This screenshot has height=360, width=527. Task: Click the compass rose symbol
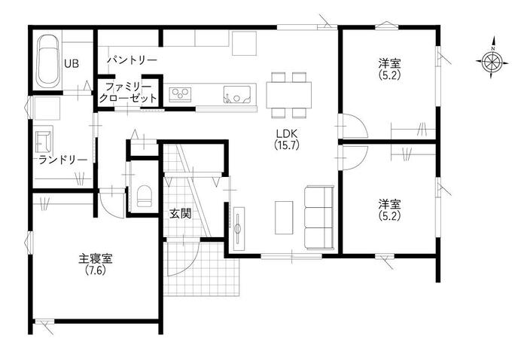tap(492, 62)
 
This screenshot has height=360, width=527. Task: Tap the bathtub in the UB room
tap(48, 61)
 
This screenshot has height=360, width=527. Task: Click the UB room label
tap(72, 63)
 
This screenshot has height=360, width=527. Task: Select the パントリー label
tap(133, 60)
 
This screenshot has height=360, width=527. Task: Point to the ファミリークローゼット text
tap(128, 93)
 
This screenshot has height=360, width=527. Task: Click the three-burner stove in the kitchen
tap(180, 94)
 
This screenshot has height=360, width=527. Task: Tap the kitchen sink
tap(237, 94)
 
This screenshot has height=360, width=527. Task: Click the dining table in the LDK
tap(288, 95)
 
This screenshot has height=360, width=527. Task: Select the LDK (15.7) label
tap(287, 139)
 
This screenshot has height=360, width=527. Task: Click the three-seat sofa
tap(319, 218)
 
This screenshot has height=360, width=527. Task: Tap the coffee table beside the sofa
tap(284, 218)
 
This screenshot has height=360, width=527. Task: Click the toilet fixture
tap(145, 196)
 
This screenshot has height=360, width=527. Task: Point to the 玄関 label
tap(180, 214)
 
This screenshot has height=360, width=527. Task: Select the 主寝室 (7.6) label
tap(96, 264)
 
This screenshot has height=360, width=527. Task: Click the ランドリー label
tap(62, 160)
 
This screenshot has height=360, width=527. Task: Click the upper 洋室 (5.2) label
tap(389, 69)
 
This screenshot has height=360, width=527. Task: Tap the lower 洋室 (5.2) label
tap(389, 209)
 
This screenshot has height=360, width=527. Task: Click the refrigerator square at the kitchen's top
tap(245, 44)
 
